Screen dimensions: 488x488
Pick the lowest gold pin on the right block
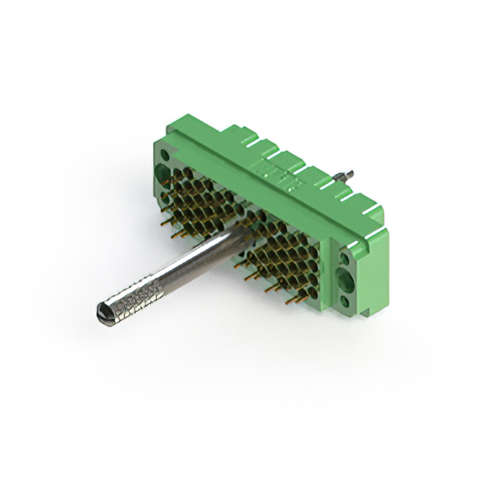tap(291, 301)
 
